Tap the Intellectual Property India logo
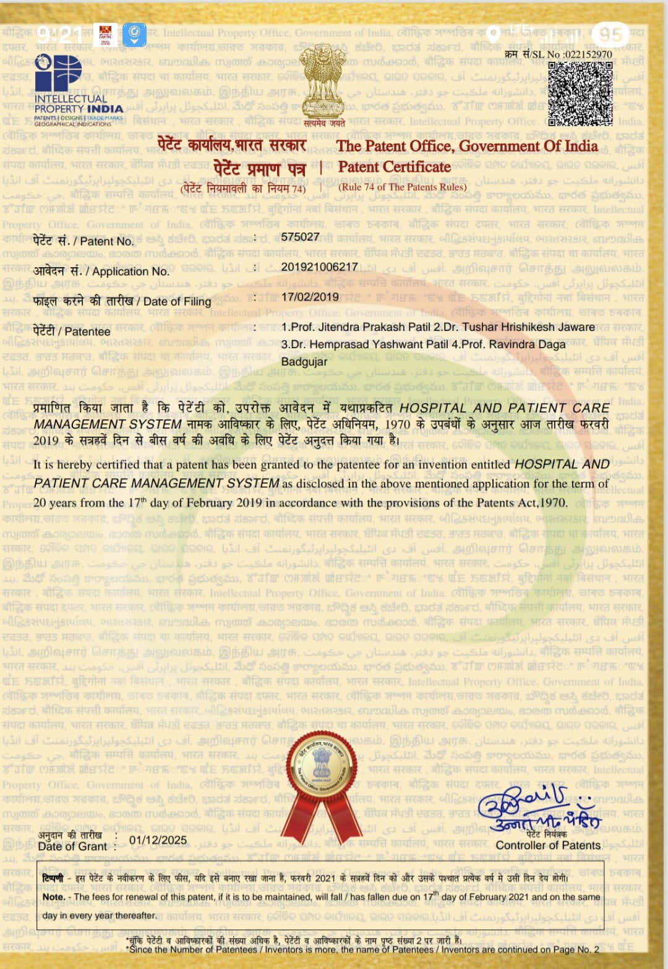coord(78,90)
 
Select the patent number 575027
coord(300,237)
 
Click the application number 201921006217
coord(319,267)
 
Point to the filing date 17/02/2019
coord(310,297)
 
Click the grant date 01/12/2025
coord(158,840)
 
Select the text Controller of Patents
coord(548,845)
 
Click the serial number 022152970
coord(588,54)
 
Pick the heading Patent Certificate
coord(395,167)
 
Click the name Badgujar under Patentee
coord(304,362)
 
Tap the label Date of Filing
coord(177,302)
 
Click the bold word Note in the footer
coord(53,897)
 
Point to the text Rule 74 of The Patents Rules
coord(403,187)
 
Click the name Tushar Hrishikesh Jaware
coord(528,327)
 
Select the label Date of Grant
coord(72,847)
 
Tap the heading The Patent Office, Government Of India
coord(467,147)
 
